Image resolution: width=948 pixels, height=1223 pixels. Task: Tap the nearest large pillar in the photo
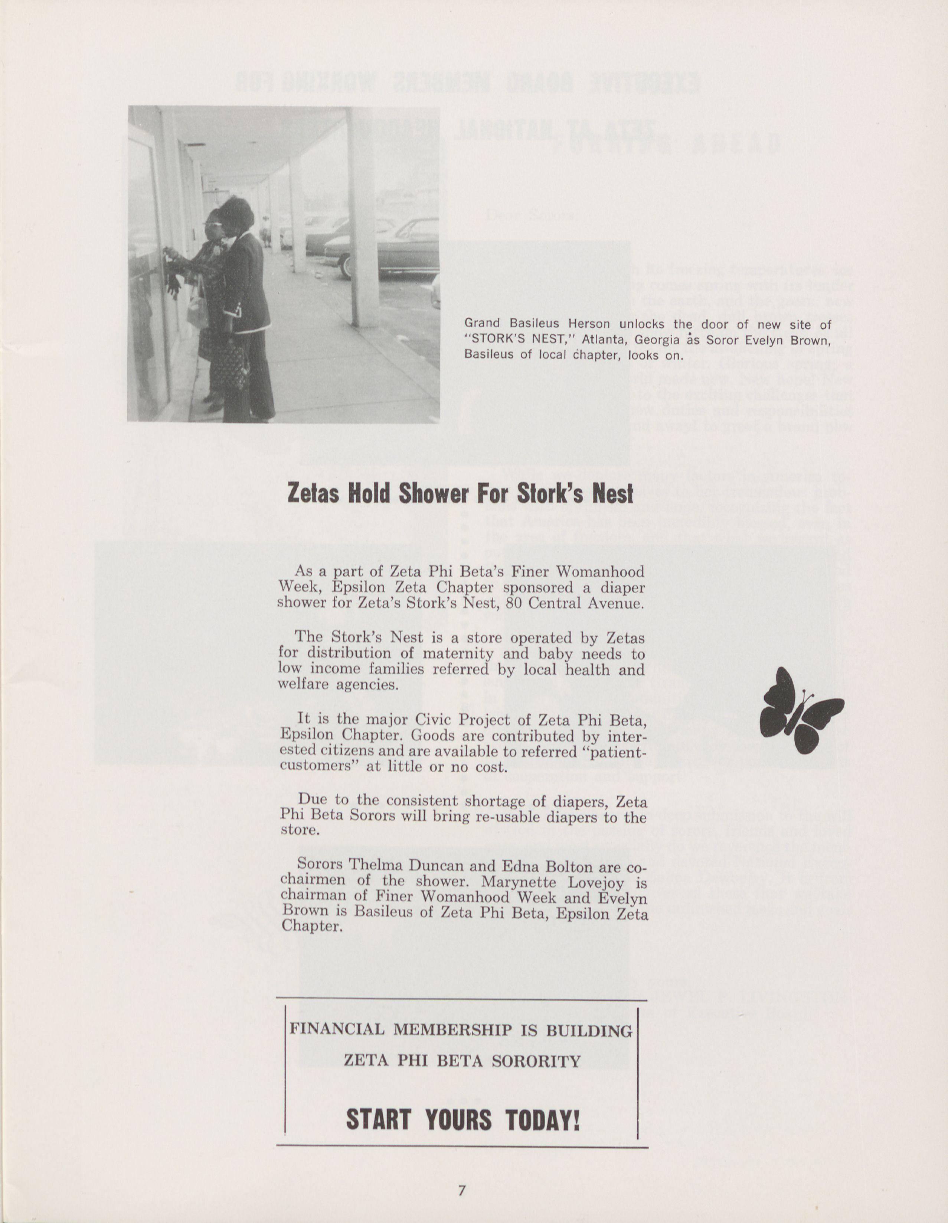(x=363, y=218)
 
